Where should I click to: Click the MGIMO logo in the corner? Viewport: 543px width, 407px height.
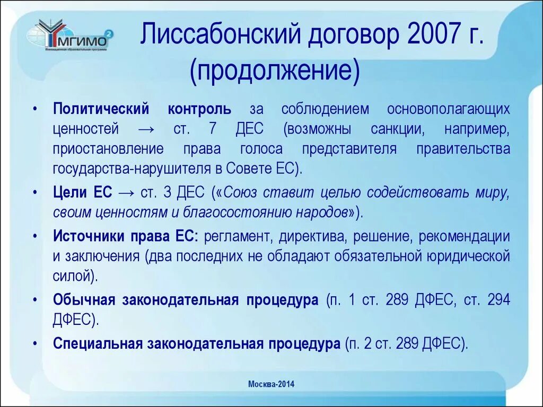[69, 38]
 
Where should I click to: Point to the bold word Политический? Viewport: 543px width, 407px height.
[101, 110]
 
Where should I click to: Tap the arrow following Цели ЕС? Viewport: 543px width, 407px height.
[126, 193]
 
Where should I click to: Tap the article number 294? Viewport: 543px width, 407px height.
[498, 299]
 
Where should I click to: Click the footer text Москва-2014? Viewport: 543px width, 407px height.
[271, 384]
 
